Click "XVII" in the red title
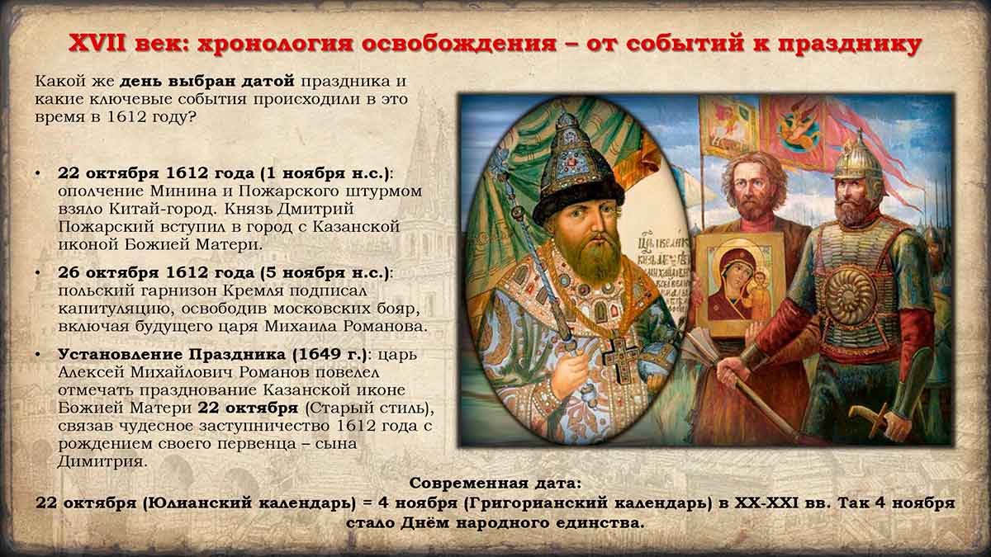click(x=97, y=44)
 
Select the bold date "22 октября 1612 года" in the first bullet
click(x=157, y=173)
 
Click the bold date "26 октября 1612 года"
click(x=156, y=273)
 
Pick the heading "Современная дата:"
click(x=495, y=484)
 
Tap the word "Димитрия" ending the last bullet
click(x=102, y=462)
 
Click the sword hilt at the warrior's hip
click(x=870, y=416)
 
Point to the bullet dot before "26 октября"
click(x=38, y=273)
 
